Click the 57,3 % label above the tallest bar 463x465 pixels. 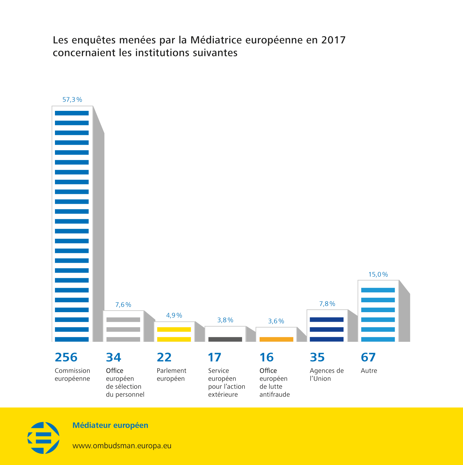click(x=72, y=100)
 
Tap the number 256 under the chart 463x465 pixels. click(x=66, y=357)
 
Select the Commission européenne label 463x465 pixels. click(x=72, y=375)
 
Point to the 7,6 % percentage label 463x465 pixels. click(x=123, y=305)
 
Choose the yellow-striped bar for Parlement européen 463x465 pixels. click(x=174, y=332)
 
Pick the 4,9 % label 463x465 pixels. click(x=174, y=315)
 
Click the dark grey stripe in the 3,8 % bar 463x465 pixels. click(x=225, y=339)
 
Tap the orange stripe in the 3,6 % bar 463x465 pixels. click(x=276, y=339)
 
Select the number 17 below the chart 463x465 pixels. click(x=215, y=357)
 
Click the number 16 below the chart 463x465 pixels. click(x=266, y=357)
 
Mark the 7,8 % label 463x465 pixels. click(x=327, y=304)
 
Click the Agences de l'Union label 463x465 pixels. click(x=327, y=375)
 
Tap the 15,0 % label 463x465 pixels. click(x=378, y=274)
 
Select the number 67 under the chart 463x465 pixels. click(x=368, y=357)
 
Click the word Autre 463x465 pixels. click(x=369, y=371)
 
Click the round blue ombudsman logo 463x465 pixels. click(x=44, y=438)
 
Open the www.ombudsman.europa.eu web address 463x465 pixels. click(x=122, y=446)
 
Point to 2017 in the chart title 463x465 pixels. click(x=333, y=40)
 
